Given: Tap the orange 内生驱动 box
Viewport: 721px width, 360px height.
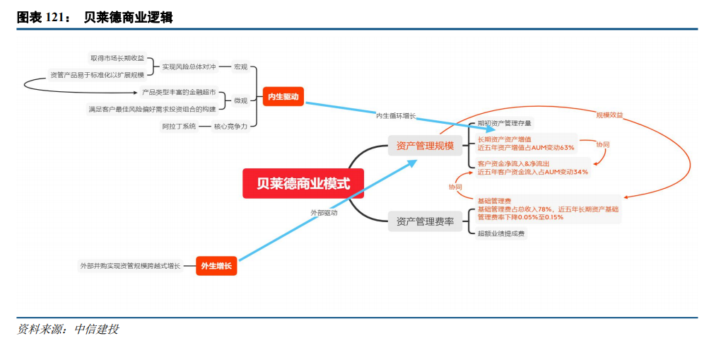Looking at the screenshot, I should (x=283, y=96).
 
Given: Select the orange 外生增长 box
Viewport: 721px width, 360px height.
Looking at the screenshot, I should (x=216, y=266).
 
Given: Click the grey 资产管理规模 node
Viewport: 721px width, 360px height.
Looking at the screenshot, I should (x=425, y=146).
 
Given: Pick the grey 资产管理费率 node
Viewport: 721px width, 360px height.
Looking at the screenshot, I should (x=425, y=221).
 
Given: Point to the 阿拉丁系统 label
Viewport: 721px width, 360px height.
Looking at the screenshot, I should (x=180, y=126).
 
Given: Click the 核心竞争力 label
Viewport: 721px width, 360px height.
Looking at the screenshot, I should (x=230, y=126).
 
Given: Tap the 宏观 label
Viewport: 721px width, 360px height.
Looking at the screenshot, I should (x=241, y=67).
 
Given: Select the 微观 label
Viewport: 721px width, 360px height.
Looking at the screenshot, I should (x=241, y=100).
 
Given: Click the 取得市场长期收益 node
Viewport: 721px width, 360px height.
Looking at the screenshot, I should (x=117, y=58).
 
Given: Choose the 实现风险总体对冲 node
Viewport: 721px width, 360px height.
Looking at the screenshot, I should (x=188, y=67).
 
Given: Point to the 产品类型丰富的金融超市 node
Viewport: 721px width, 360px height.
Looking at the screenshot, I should (x=179, y=93).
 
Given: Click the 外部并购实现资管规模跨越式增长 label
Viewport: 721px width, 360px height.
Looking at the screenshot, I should (x=130, y=266).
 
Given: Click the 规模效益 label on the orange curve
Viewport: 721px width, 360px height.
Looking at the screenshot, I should (x=609, y=115).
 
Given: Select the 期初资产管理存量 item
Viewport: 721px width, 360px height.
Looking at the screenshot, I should (x=505, y=123).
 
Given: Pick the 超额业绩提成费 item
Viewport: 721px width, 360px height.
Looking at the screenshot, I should (x=501, y=233).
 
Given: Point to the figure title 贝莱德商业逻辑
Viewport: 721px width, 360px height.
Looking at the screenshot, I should (x=128, y=17).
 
